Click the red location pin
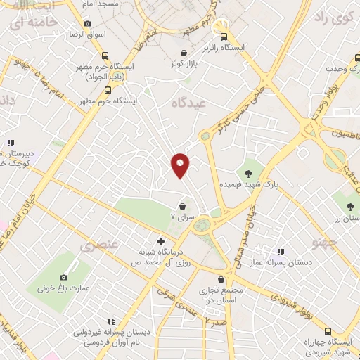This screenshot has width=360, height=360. coord(180,165)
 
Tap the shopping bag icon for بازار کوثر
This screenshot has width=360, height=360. coord(184,53)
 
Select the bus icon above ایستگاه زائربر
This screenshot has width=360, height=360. coord(224,37)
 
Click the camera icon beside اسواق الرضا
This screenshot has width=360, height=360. coord(87,23)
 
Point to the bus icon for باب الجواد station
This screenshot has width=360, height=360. coord(105,56)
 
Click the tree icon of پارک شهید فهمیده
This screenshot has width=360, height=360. coord(247,172)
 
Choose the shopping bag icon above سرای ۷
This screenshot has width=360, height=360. coord(183,207)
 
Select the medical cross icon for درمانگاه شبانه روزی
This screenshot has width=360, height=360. coord(161,241)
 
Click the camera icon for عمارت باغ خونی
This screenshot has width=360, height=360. coord(64,278)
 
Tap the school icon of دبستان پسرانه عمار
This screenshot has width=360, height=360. coord(281,251)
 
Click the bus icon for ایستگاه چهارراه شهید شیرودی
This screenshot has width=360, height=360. coord(328,331)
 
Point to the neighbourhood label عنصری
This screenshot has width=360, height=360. coord(96,246)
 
